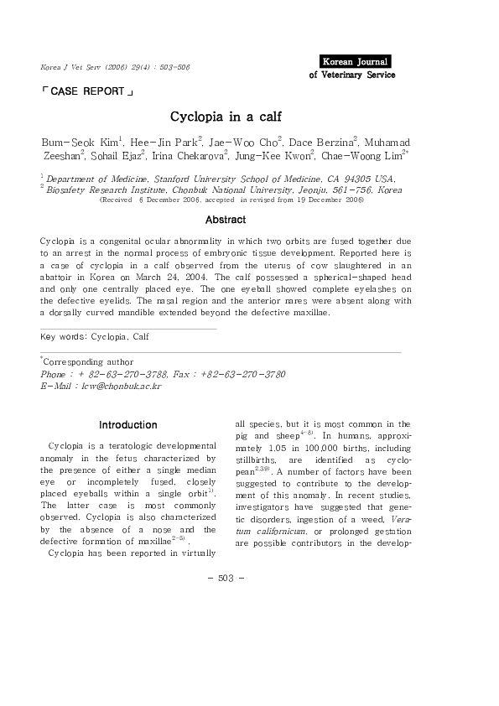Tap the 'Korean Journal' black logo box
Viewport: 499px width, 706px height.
356,61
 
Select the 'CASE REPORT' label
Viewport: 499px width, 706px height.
86,91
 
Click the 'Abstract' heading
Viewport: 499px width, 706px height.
226,220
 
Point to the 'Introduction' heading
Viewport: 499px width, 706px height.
127,425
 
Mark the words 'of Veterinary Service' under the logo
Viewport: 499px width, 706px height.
352,75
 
